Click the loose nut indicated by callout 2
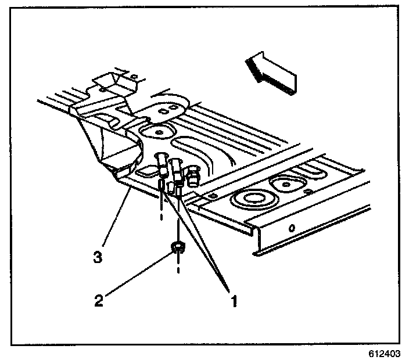pyautogui.click(x=178, y=248)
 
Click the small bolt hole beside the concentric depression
pyautogui.click(x=214, y=197)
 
